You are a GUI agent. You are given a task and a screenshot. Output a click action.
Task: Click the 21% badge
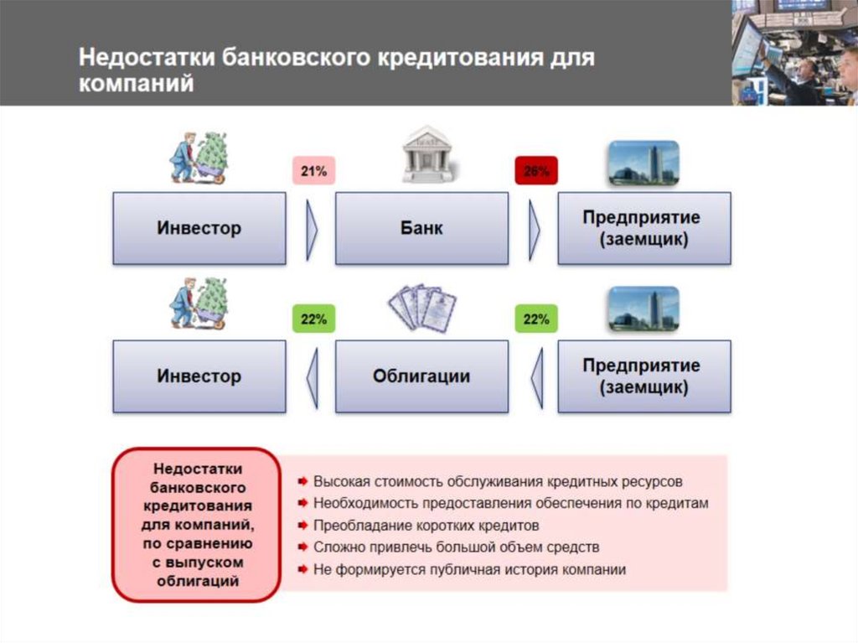click(x=313, y=172)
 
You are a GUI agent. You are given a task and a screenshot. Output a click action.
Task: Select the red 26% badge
click(x=535, y=172)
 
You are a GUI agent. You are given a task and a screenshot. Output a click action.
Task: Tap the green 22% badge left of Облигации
click(x=313, y=319)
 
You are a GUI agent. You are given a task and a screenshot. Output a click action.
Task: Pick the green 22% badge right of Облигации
click(x=535, y=319)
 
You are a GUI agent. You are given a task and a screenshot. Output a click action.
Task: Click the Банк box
click(x=421, y=229)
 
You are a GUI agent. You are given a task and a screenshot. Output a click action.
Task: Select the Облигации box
click(x=421, y=376)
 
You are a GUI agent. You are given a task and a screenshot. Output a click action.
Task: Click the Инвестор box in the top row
click(x=199, y=229)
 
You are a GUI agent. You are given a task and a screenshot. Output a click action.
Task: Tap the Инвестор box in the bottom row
click(x=199, y=376)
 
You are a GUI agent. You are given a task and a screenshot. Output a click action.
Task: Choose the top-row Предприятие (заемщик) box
click(x=643, y=229)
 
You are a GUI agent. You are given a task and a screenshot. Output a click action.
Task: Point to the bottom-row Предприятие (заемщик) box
click(x=643, y=376)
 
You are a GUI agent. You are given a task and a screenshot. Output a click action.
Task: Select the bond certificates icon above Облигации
click(x=422, y=308)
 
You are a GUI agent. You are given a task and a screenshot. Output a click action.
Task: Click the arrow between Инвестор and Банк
click(x=312, y=229)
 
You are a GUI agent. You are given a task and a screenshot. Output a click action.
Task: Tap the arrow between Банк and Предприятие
click(x=534, y=229)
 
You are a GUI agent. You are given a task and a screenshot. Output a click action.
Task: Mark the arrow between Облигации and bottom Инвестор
click(x=312, y=376)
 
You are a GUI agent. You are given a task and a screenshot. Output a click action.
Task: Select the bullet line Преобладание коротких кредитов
click(x=426, y=526)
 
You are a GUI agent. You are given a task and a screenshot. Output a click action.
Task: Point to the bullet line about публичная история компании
click(x=469, y=570)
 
